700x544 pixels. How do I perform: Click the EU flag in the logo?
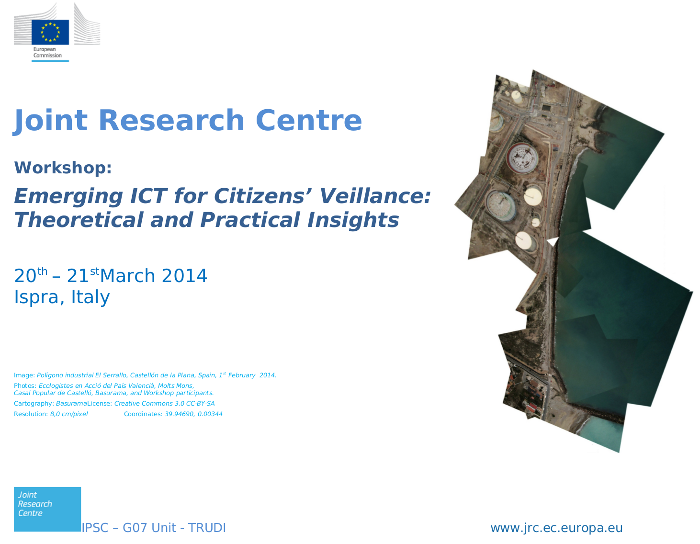click(x=50, y=32)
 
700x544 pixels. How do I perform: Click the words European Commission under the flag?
click(x=47, y=52)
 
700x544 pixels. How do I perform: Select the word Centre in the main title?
click(x=309, y=120)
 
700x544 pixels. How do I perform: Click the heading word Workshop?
click(x=63, y=168)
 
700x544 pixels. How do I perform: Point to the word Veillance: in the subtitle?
click(x=375, y=196)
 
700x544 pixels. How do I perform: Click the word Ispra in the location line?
click(x=39, y=297)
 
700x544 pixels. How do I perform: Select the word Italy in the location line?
click(x=90, y=297)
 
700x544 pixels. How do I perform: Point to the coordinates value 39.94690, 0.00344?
click(x=193, y=414)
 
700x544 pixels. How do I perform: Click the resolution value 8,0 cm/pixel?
click(x=69, y=414)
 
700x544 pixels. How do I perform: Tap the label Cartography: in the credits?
click(x=34, y=404)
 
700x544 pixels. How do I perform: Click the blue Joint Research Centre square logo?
click(x=47, y=509)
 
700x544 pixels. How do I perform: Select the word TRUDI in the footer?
click(x=207, y=528)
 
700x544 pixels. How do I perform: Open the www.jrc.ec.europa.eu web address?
click(x=556, y=528)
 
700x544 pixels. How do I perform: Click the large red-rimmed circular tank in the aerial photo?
click(x=522, y=159)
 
